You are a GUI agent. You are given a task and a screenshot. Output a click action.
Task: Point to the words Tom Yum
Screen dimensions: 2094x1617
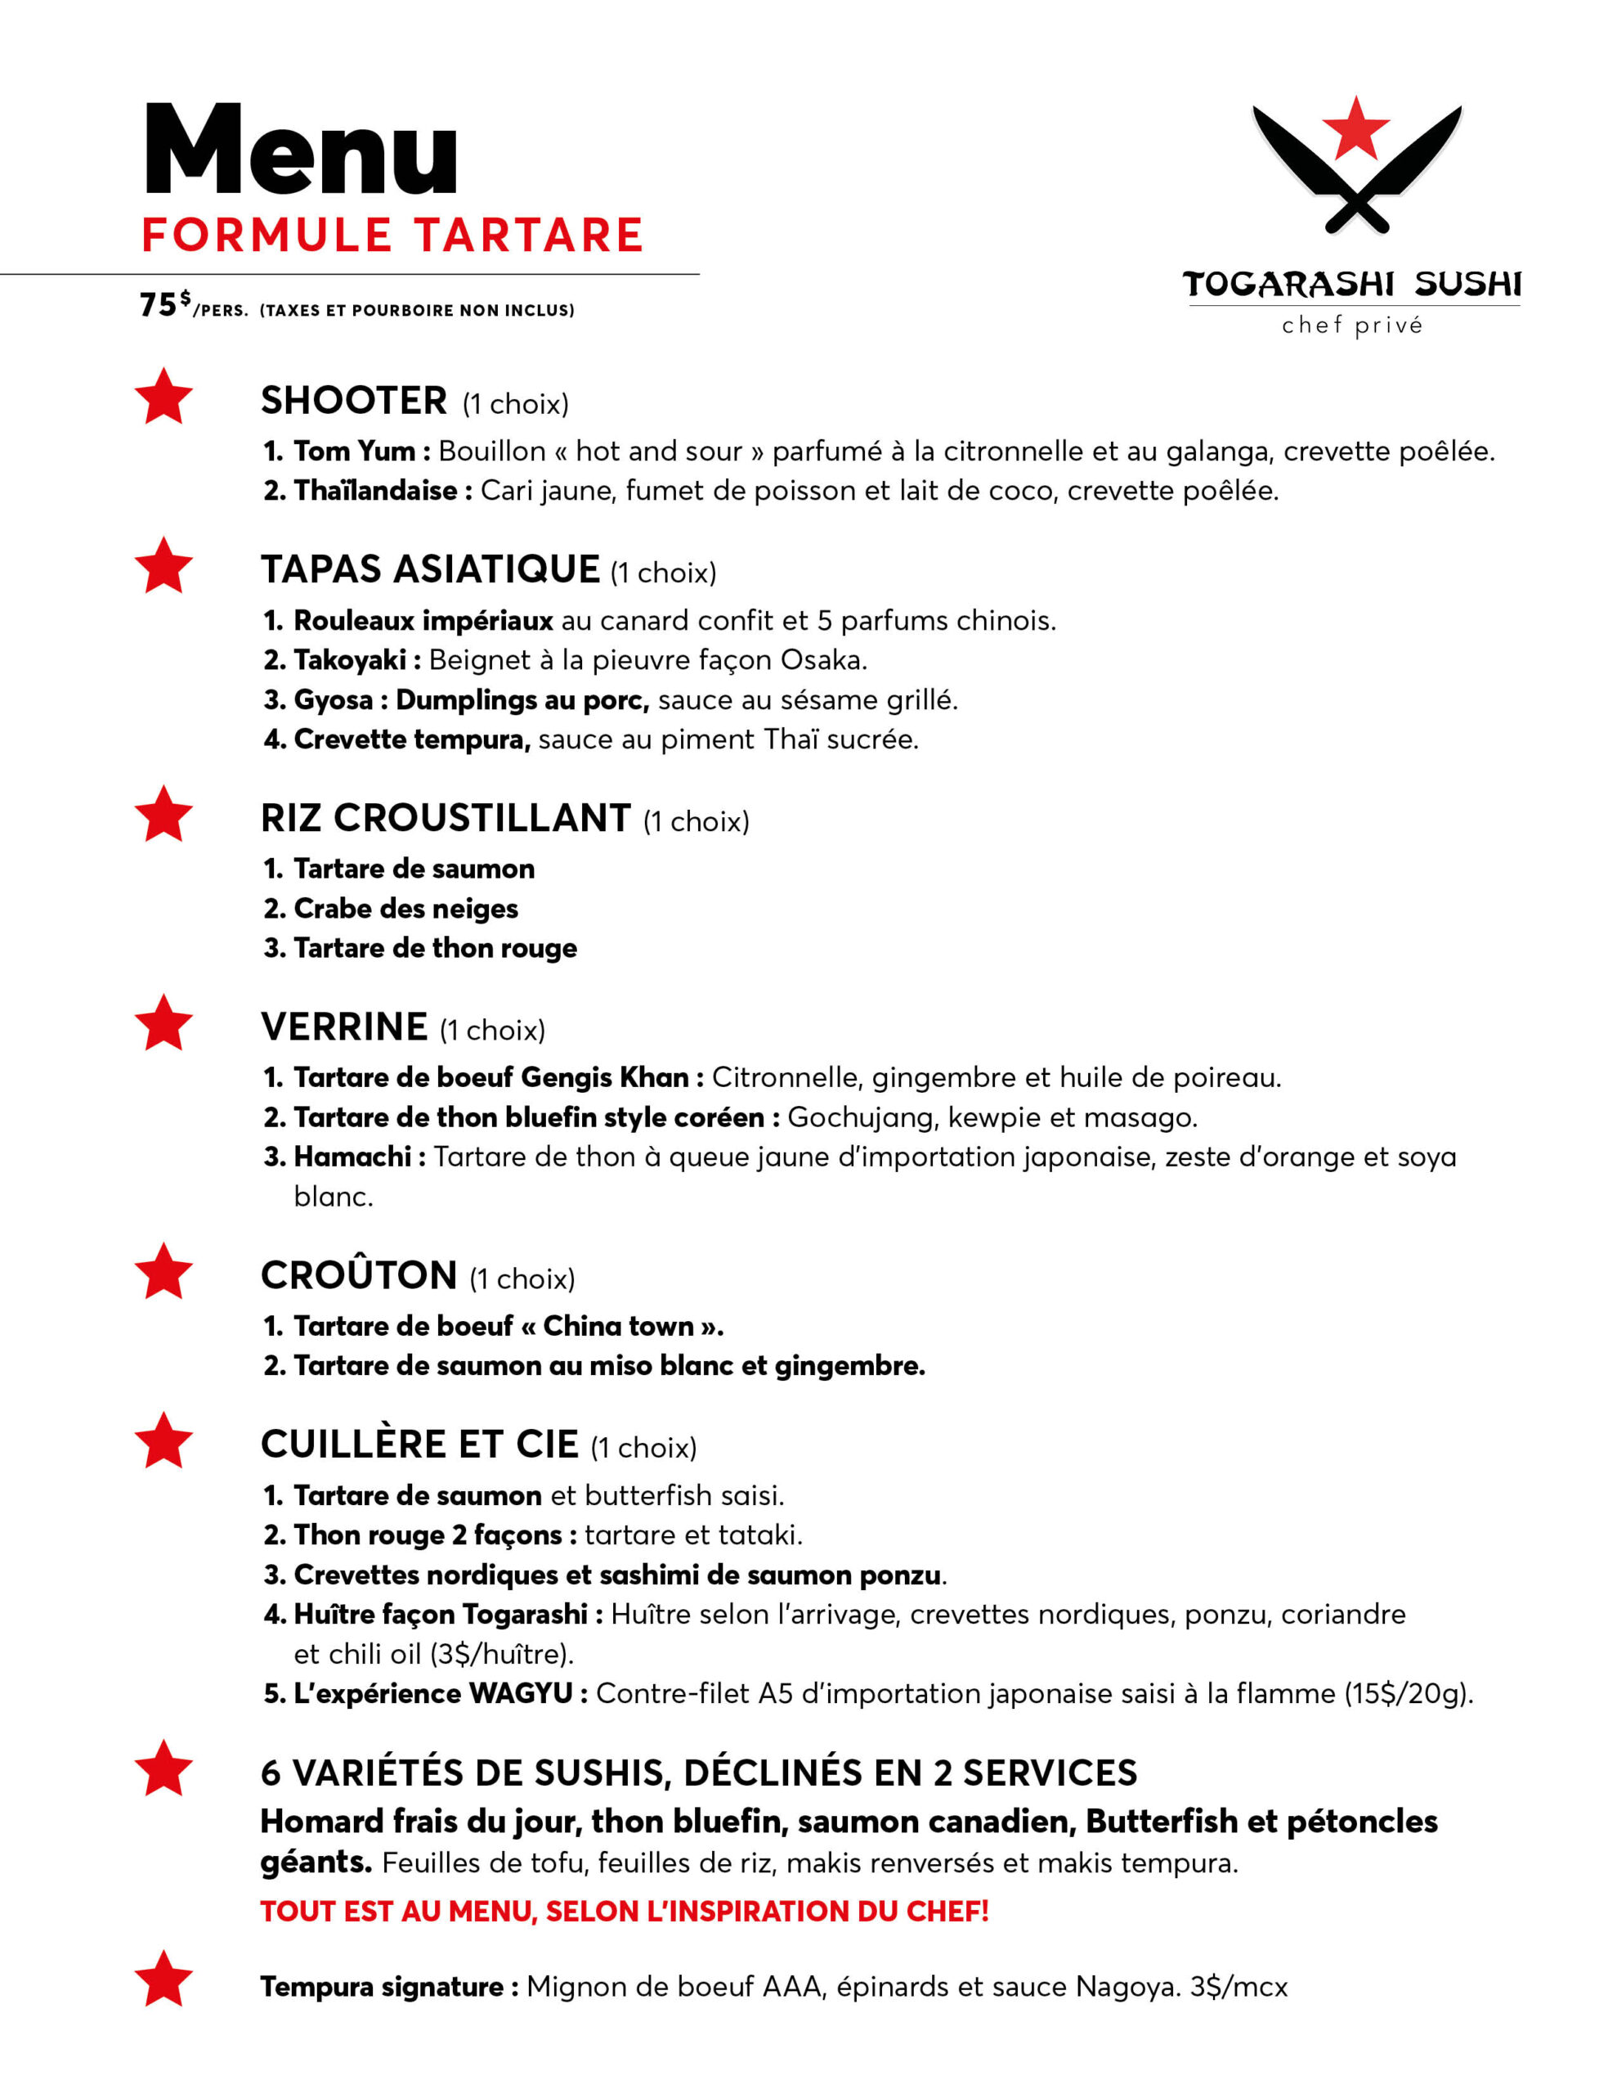354,451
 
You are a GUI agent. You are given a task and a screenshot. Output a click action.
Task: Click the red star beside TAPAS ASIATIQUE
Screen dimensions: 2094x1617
163,566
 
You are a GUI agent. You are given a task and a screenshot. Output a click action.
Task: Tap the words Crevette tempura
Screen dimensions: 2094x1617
412,739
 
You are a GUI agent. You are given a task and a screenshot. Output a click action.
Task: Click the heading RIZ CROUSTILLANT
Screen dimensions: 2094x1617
445,818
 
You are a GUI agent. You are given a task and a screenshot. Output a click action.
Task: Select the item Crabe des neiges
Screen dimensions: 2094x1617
405,908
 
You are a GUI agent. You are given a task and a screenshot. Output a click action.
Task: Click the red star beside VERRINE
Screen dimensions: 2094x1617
163,1023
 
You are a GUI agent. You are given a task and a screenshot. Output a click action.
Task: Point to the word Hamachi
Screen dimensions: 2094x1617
352,1157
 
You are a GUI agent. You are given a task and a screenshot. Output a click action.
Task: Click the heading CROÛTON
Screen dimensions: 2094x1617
359,1275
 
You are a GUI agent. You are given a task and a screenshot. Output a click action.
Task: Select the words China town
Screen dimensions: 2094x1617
618,1326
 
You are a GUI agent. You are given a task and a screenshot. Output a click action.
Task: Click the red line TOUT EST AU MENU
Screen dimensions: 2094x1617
624,1911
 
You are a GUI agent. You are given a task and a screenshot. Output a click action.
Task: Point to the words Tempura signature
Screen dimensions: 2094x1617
382,1987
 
